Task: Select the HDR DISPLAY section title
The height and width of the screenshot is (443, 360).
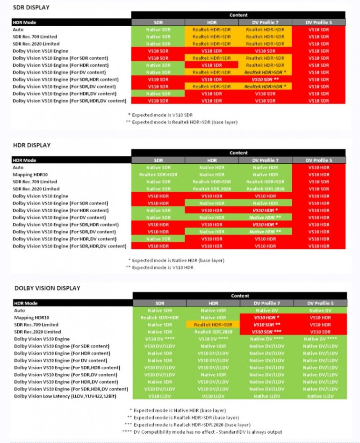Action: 32,145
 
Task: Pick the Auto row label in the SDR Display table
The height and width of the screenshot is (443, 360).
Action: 18,29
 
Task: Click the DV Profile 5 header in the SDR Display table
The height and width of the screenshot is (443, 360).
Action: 319,22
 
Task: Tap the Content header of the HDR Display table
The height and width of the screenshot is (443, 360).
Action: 238,153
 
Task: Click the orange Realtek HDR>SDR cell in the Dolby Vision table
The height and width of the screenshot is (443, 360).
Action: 213,325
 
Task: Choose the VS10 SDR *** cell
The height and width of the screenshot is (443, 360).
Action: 266,332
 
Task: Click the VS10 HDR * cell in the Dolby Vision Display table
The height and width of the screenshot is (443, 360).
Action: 266,318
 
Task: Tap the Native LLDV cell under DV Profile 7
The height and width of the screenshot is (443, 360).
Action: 266,396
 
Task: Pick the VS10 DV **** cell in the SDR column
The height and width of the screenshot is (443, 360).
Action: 160,339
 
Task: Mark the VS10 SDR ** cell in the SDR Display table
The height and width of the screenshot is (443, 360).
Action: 266,80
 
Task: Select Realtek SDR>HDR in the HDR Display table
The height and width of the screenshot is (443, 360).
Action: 158,174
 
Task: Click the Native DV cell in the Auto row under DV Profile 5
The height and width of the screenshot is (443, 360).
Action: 320,310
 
